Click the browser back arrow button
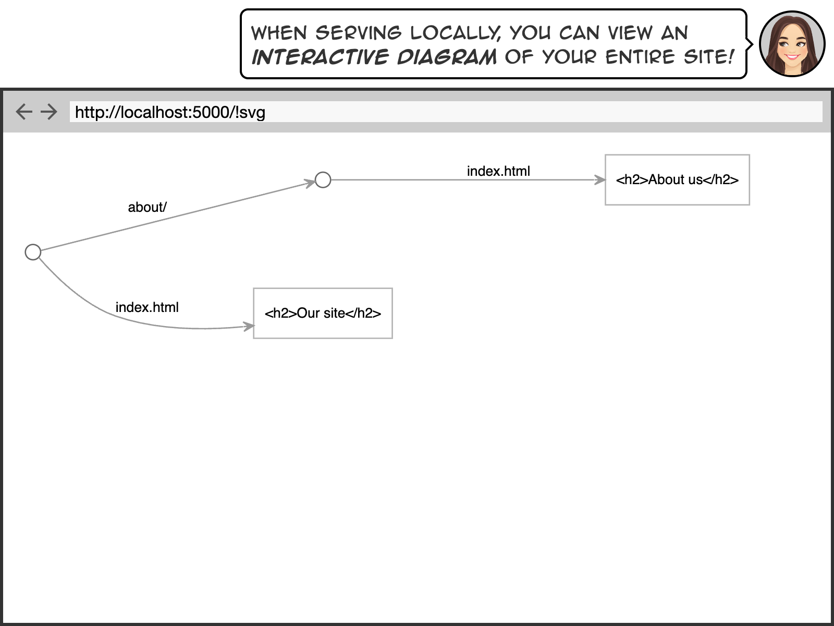(x=24, y=112)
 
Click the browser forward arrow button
(x=49, y=112)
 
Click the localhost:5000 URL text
(x=170, y=112)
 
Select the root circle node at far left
(x=33, y=252)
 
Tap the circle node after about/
(x=323, y=180)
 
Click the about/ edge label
(x=147, y=207)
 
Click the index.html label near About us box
(x=498, y=171)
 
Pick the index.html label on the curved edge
(x=147, y=307)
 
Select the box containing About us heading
(x=677, y=180)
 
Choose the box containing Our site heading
(x=323, y=313)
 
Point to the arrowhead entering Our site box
(x=249, y=327)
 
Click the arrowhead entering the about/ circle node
(x=310, y=183)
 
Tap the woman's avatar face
(x=792, y=44)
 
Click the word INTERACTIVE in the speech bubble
(x=320, y=57)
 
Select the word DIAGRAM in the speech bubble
(x=447, y=57)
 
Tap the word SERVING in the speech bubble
(x=358, y=33)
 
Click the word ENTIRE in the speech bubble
(x=640, y=56)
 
